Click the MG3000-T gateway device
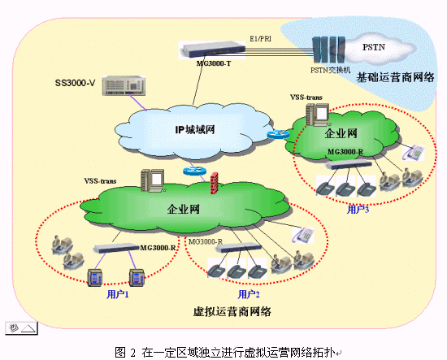[212, 50]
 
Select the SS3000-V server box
[124, 86]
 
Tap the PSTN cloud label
[374, 47]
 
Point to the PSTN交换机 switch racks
[328, 50]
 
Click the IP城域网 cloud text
[195, 130]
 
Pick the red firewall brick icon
[214, 184]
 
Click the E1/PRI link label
[260, 39]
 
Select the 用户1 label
[118, 294]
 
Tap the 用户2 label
[249, 294]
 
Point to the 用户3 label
[358, 210]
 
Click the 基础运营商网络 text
[395, 77]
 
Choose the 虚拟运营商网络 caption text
[232, 311]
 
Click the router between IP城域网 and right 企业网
[278, 135]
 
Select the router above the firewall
[194, 171]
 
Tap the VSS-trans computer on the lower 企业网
[153, 180]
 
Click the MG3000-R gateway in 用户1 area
[116, 248]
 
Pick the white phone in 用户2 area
[303, 235]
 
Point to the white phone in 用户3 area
[414, 153]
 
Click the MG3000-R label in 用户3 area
[345, 152]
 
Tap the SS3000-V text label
[75, 83]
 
